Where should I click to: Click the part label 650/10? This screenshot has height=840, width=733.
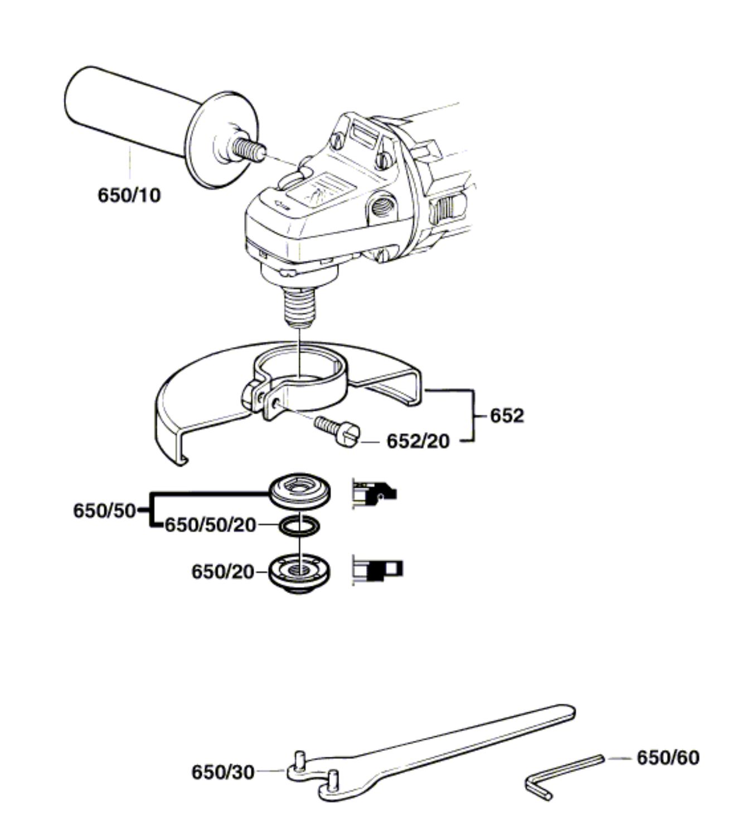point(129,195)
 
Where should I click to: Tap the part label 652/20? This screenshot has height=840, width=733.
point(418,441)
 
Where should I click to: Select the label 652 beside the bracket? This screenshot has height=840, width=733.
point(507,416)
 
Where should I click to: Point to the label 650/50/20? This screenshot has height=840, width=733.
point(210,526)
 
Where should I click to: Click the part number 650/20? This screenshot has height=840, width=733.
point(222,572)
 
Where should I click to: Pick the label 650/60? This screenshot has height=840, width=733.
point(668,758)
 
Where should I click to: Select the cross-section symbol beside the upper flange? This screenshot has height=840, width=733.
point(372,492)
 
